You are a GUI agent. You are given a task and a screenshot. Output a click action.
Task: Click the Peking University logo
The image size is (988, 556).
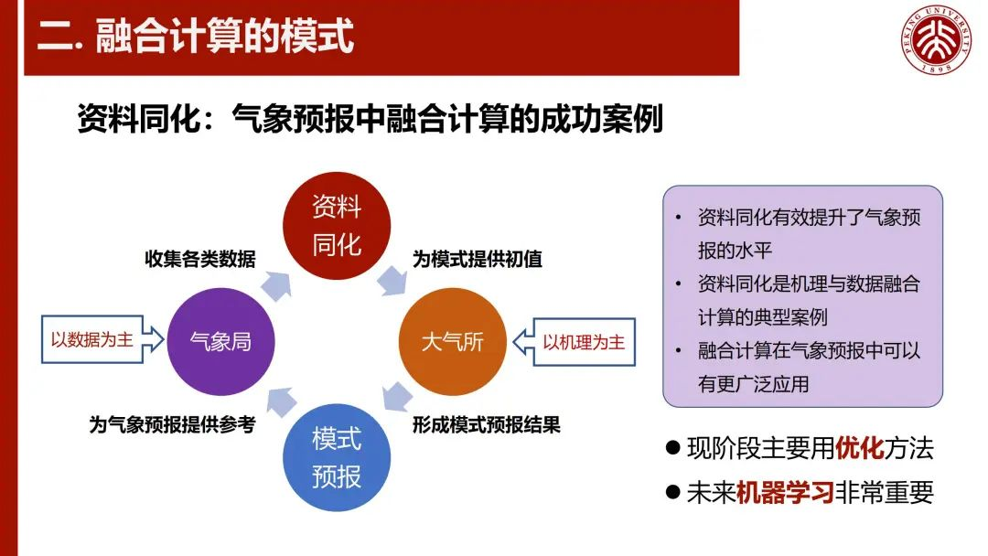tap(936, 39)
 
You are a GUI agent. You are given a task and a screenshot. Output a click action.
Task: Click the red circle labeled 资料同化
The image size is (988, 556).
tap(337, 226)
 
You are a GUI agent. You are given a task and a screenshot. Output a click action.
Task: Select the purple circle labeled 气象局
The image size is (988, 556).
tap(220, 342)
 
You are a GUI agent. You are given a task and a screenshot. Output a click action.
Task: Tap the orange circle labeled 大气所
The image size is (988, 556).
tap(453, 342)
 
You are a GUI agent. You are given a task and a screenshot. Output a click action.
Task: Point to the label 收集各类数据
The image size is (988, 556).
tap(200, 259)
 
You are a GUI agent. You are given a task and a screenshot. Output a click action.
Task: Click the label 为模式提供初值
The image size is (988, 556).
tap(478, 259)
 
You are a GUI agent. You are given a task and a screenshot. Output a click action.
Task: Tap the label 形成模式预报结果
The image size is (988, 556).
tap(487, 425)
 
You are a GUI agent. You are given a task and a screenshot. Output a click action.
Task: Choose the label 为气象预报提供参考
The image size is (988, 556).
tap(172, 425)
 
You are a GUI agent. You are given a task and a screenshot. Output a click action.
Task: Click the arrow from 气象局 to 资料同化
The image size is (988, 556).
tap(276, 286)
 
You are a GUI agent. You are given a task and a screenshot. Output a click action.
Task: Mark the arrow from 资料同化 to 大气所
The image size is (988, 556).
tap(392, 281)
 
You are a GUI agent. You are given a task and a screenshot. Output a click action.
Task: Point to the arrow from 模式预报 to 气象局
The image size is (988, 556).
tap(281, 401)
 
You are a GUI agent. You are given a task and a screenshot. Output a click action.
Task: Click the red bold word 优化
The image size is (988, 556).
tap(859, 448)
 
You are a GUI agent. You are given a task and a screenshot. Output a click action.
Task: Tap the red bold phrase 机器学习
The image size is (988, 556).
tap(785, 492)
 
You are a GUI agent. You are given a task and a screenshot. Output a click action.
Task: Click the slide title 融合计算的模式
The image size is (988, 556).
tap(224, 36)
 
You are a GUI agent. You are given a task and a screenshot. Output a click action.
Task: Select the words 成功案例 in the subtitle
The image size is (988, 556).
tap(601, 118)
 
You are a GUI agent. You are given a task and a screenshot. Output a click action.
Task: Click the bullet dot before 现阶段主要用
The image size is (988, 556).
tap(673, 448)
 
